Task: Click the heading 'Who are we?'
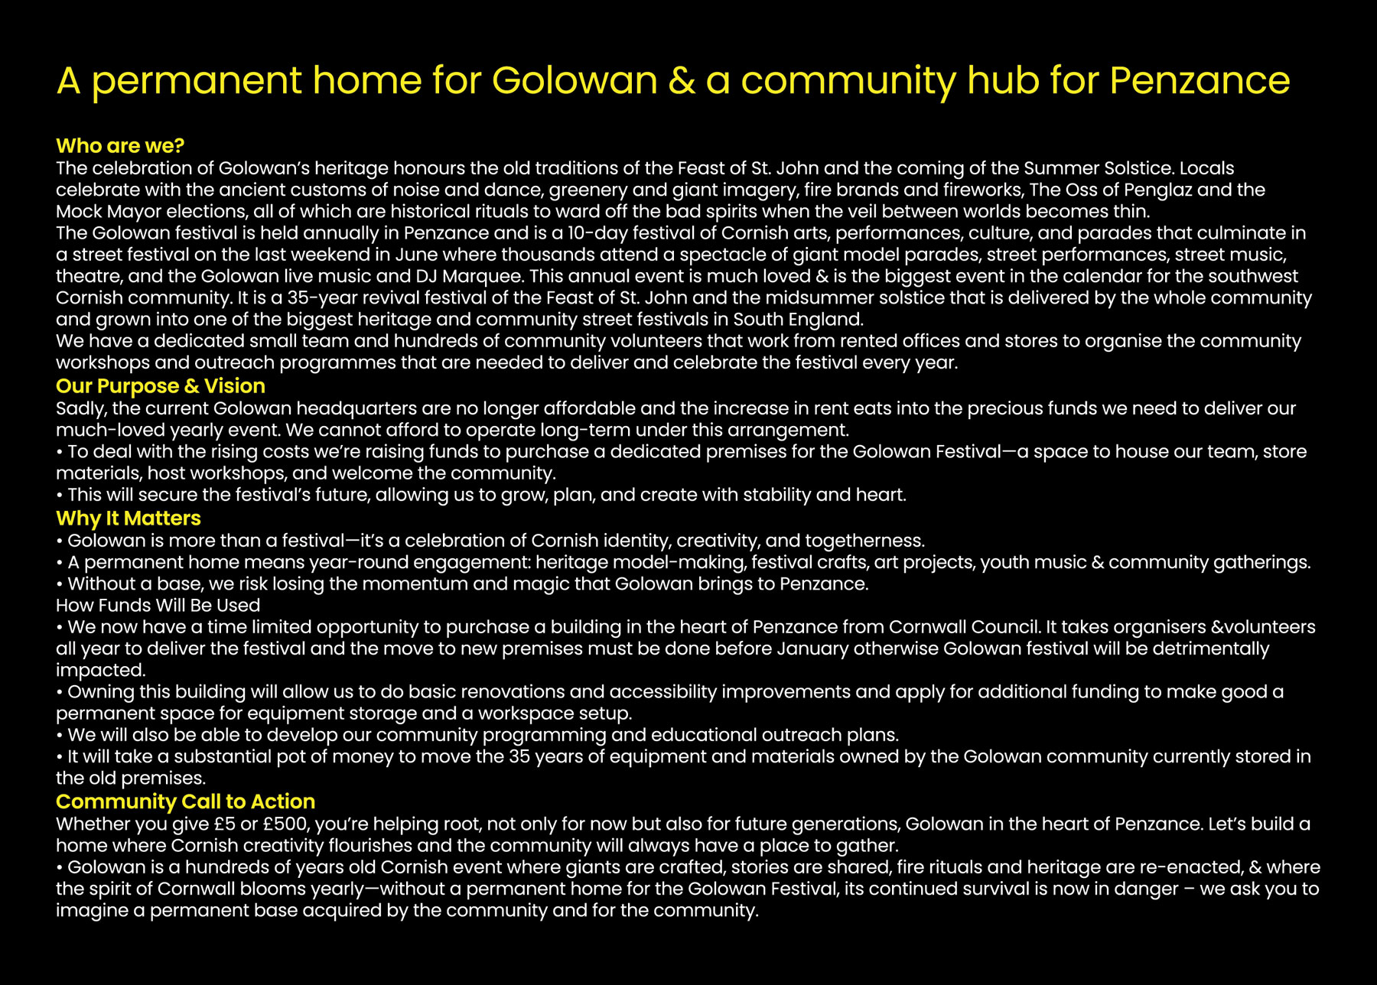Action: point(120,145)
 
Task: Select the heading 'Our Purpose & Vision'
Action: point(161,385)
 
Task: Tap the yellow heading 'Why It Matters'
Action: point(129,518)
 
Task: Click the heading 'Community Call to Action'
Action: point(185,801)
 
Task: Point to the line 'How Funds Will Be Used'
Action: point(158,605)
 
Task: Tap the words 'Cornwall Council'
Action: point(964,627)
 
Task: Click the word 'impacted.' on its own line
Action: point(100,670)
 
